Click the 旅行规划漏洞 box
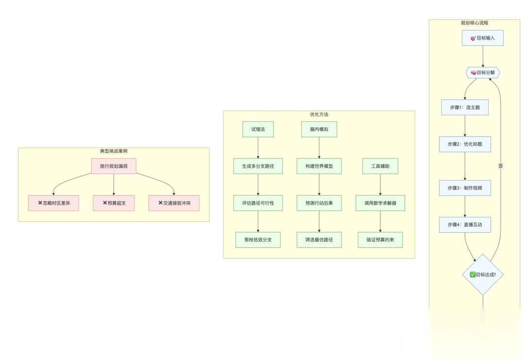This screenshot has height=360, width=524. pyautogui.click(x=114, y=166)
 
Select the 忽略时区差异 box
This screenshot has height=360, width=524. pyautogui.click(x=53, y=203)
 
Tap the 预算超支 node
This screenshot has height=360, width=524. pyautogui.click(x=114, y=203)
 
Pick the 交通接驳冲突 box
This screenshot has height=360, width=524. pyautogui.click(x=174, y=203)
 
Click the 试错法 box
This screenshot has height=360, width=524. pyautogui.click(x=258, y=129)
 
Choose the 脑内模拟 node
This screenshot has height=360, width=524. pyautogui.click(x=319, y=129)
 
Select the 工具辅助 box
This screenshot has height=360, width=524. pyautogui.click(x=380, y=166)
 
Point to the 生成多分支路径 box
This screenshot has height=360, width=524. pyautogui.click(x=258, y=166)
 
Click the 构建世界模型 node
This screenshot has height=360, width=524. pyautogui.click(x=319, y=166)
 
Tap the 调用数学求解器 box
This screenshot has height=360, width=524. pyautogui.click(x=380, y=203)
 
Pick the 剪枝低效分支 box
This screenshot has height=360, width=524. pyautogui.click(x=258, y=240)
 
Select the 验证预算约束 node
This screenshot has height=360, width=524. pyautogui.click(x=380, y=240)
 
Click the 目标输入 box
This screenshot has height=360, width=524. pyautogui.click(x=483, y=38)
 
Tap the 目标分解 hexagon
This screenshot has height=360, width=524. pyautogui.click(x=483, y=73)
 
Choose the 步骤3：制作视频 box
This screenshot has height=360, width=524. pyautogui.click(x=465, y=188)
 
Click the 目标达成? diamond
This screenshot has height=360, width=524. pyautogui.click(x=483, y=274)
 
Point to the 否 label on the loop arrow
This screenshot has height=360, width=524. pyautogui.click(x=501, y=166)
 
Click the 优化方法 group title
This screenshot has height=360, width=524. pyautogui.click(x=319, y=115)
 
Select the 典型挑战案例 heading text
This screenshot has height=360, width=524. pyautogui.click(x=114, y=151)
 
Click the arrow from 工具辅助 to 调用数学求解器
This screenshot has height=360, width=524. pyautogui.click(x=380, y=184)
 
